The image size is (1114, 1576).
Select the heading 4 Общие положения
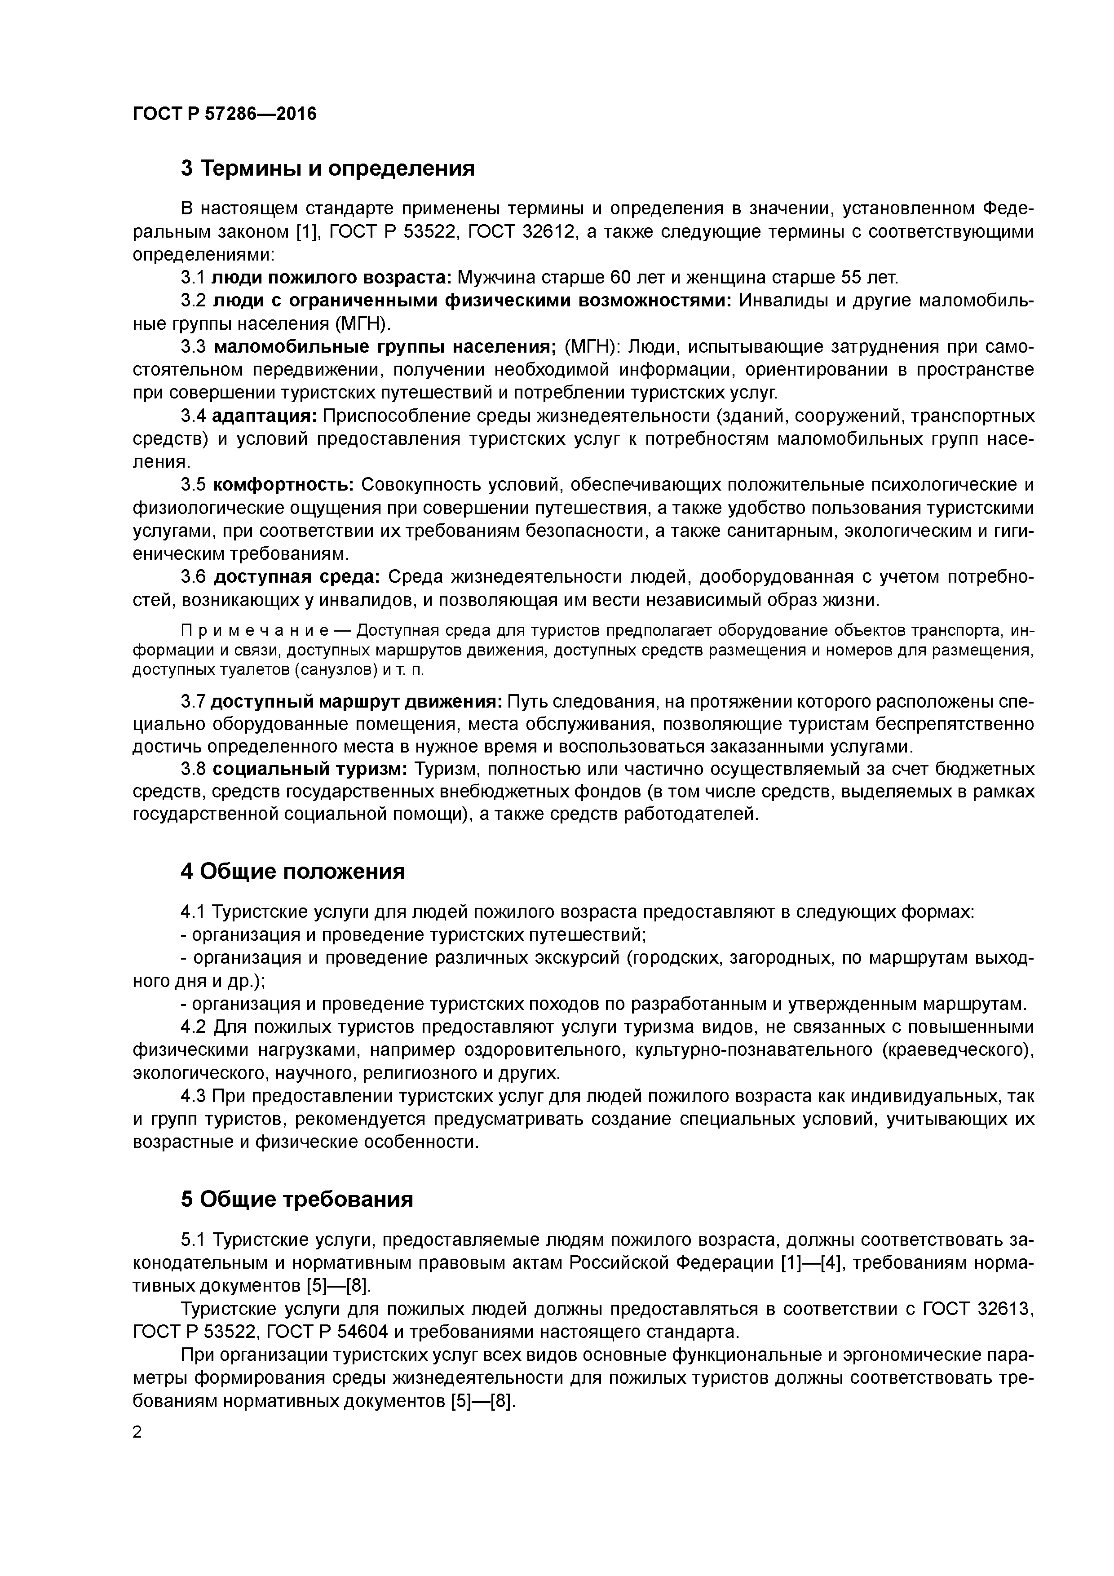click(x=292, y=872)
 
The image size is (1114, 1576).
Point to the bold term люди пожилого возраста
click(x=331, y=277)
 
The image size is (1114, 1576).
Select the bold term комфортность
click(x=283, y=485)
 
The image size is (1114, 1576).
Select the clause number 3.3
click(x=193, y=347)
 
